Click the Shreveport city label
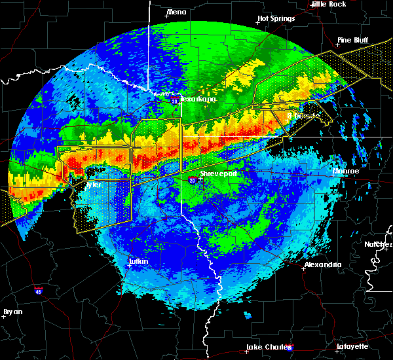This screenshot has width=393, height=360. [x=218, y=173]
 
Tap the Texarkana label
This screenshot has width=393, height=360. [x=198, y=99]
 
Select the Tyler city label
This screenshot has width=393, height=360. [x=94, y=185]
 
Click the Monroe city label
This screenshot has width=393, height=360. [x=346, y=171]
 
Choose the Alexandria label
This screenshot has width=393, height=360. [x=323, y=264]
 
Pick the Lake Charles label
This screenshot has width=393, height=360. [x=267, y=346]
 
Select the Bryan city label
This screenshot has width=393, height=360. [x=12, y=311]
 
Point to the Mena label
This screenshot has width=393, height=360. [x=176, y=12]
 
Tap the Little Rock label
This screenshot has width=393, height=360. [x=328, y=4]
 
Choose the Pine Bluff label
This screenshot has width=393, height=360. [x=353, y=40]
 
